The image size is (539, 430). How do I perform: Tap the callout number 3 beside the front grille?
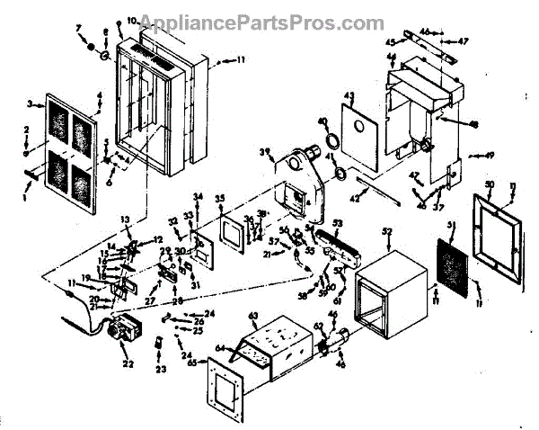tap(30, 105)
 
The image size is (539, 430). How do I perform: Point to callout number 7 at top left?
tap(78, 29)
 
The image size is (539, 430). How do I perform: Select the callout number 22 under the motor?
tap(127, 363)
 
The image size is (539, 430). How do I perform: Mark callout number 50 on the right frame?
tap(490, 185)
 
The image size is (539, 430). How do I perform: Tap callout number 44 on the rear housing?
tap(392, 57)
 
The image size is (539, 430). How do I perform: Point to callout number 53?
tap(338, 221)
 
